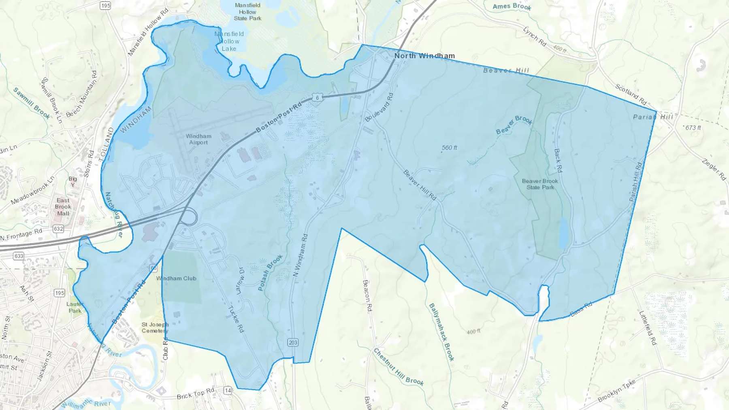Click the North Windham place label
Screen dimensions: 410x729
(424, 56)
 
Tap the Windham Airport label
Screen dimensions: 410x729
(198, 139)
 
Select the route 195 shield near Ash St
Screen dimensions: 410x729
(60, 293)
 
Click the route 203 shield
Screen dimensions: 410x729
(293, 342)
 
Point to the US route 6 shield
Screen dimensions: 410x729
(318, 98)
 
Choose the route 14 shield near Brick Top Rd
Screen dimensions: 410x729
(228, 390)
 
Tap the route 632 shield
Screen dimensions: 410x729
(58, 229)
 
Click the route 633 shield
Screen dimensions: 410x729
(19, 256)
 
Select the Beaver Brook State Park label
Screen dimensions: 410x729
(540, 184)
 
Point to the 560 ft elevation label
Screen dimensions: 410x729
(449, 148)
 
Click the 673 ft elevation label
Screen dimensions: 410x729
(693, 128)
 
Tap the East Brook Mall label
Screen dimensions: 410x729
(63, 207)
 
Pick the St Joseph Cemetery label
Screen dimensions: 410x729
(154, 327)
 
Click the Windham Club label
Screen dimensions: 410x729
(176, 278)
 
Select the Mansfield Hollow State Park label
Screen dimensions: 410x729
(247, 12)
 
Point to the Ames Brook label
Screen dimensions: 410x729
(512, 6)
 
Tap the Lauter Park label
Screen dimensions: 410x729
(75, 307)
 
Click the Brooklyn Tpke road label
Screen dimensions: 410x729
(616, 391)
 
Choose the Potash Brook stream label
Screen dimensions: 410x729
(270, 272)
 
